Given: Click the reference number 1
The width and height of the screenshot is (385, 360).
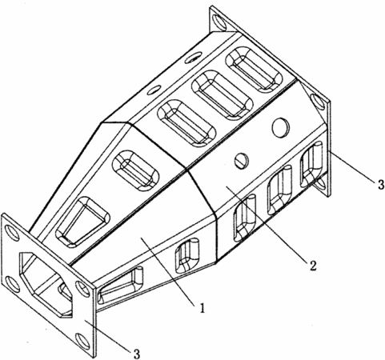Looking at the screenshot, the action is coord(203,308).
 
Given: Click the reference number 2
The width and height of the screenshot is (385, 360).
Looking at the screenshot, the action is coord(313,266).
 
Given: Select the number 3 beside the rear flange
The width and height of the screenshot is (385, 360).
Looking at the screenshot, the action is coord(381,185).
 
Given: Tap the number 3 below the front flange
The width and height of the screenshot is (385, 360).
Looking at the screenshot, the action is coord(136,354).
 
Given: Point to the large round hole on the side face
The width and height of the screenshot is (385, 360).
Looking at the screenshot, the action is coord(280,127).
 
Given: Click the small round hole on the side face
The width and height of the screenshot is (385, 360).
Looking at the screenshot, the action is coord(242,161).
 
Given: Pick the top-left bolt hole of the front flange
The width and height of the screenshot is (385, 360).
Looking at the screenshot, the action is coord(12,233).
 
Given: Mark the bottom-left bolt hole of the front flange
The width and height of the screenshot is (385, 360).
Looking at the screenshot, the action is coord(13,284).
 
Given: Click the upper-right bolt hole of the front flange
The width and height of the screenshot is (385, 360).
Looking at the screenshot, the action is coord(82,290).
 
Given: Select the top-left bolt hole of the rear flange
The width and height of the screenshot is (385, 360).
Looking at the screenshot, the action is coord(219,22).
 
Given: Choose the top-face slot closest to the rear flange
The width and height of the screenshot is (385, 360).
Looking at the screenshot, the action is coord(254,70).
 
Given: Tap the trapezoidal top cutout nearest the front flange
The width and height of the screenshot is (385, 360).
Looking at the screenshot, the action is coord(82,222).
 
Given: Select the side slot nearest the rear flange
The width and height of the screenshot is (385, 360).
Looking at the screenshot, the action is coord(311,165).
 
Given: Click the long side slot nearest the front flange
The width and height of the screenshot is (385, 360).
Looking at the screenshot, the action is coord(121,285).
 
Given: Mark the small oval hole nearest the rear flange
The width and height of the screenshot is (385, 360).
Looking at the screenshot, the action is coord(193,58).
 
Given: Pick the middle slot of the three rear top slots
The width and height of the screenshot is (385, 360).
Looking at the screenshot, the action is coord(223,94).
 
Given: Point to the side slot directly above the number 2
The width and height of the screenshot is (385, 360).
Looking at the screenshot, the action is coord(245,218).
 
